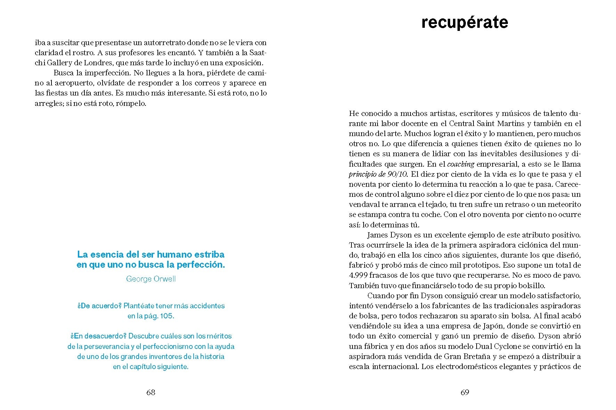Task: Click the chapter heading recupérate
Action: (464, 23)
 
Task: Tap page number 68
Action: (151, 392)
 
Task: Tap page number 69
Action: (465, 392)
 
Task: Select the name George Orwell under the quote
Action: (151, 279)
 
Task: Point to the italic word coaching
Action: (461, 164)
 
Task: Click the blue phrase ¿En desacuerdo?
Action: (98, 336)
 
